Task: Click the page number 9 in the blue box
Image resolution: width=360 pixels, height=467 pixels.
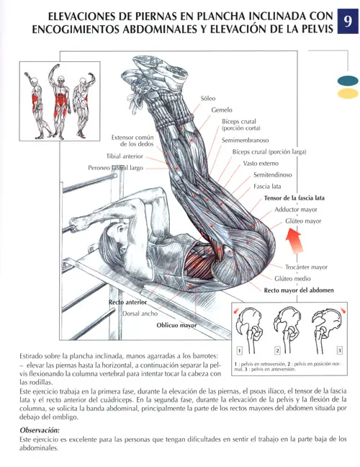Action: (x=348, y=23)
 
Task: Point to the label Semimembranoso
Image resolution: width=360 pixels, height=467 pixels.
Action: (x=245, y=141)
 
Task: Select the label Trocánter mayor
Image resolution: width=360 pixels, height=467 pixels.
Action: (x=306, y=266)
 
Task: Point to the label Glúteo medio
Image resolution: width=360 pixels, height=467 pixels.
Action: (x=293, y=278)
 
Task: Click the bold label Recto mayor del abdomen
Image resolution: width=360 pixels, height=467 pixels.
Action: (x=301, y=290)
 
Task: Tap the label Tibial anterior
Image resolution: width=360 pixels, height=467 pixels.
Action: (x=125, y=156)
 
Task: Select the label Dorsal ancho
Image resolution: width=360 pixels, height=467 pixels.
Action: (x=139, y=314)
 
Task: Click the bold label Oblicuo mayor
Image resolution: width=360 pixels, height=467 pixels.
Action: (x=176, y=326)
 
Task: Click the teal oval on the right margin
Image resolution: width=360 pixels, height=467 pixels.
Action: (x=347, y=81)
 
